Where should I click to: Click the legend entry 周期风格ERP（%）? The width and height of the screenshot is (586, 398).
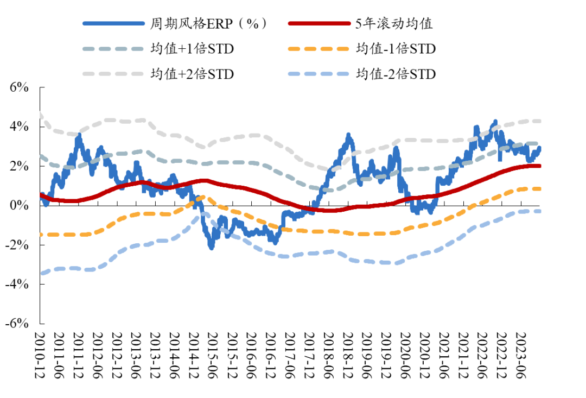(209, 23)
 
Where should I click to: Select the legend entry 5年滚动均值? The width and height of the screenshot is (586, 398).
(396, 23)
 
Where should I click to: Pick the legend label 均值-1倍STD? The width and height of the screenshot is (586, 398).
(396, 49)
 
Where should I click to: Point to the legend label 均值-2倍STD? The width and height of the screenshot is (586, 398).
(396, 74)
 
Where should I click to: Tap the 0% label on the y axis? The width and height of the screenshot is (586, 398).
(19, 205)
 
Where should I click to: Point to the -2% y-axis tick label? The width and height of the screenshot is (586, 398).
(16, 245)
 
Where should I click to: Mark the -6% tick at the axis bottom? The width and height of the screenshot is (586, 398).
(16, 323)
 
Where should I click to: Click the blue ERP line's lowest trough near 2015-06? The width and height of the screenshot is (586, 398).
(211, 247)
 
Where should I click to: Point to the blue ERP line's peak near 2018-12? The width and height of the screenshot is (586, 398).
(349, 134)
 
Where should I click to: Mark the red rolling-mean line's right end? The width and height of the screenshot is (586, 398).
(539, 166)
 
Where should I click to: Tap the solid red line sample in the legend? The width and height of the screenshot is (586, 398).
(318, 23)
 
